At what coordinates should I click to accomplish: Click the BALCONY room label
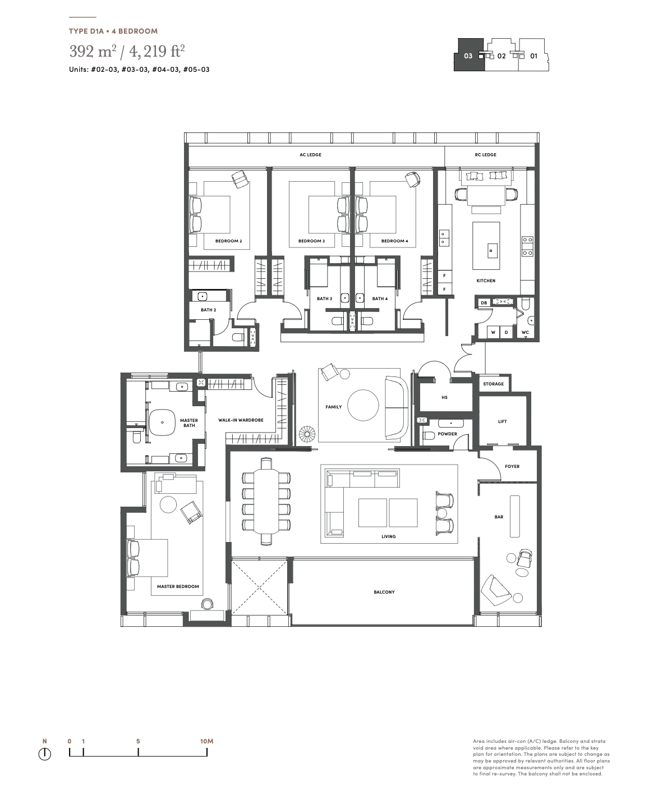[384, 592]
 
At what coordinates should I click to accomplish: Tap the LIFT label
[503, 421]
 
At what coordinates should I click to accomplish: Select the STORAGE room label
[493, 384]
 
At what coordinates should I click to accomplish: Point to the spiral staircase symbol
[308, 435]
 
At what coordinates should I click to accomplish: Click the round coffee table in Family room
[363, 405]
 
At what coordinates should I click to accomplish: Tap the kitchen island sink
[491, 251]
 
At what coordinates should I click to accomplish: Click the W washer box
[493, 332]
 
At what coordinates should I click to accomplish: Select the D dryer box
[506, 332]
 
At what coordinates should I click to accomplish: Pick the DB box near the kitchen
[484, 302]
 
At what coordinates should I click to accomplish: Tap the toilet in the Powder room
[429, 435]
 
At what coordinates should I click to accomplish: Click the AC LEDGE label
[310, 155]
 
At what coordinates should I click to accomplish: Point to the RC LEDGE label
[486, 155]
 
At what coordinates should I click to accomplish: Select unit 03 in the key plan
[468, 56]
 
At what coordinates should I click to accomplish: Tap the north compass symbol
[45, 754]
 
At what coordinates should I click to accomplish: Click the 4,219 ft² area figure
[157, 51]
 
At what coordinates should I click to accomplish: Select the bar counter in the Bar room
[514, 516]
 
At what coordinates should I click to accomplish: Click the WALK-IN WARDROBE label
[241, 420]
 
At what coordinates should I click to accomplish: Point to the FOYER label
[512, 466]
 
